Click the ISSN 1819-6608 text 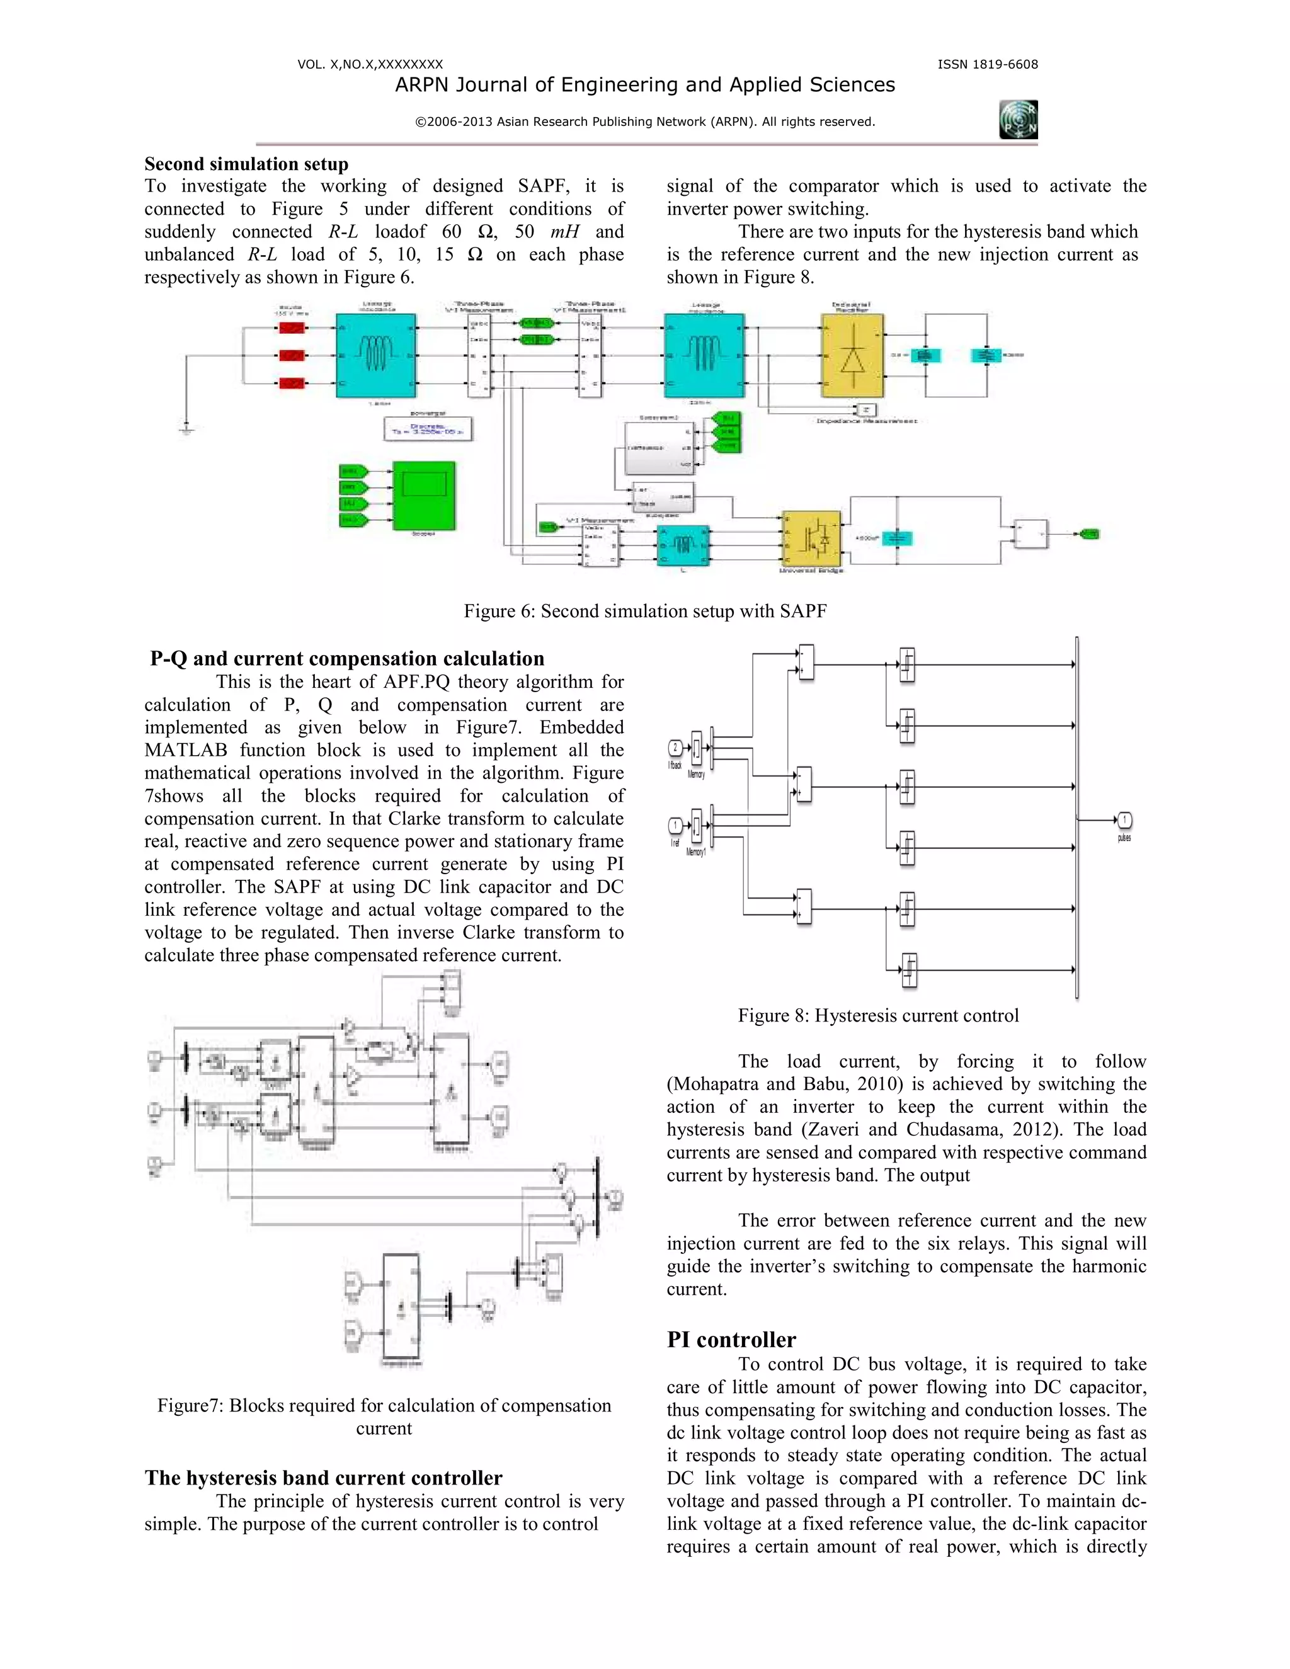pyautogui.click(x=988, y=65)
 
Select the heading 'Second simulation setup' pyautogui.click(x=246, y=164)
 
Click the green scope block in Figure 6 pyautogui.click(x=423, y=494)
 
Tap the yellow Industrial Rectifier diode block pyautogui.click(x=852, y=355)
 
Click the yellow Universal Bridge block pyautogui.click(x=811, y=538)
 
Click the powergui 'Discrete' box pyautogui.click(x=428, y=429)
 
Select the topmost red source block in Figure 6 pyautogui.click(x=292, y=328)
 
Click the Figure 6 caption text pyautogui.click(x=645, y=612)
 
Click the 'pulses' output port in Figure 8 pyautogui.click(x=1124, y=820)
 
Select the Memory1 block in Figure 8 pyautogui.click(x=696, y=826)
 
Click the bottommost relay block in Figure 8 pyautogui.click(x=909, y=971)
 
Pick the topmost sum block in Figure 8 pyautogui.click(x=805, y=662)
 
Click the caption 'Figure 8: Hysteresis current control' pyautogui.click(x=878, y=1016)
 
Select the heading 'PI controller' pyautogui.click(x=731, y=1340)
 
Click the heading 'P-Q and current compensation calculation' pyautogui.click(x=347, y=659)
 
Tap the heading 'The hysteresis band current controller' pyautogui.click(x=323, y=1478)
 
